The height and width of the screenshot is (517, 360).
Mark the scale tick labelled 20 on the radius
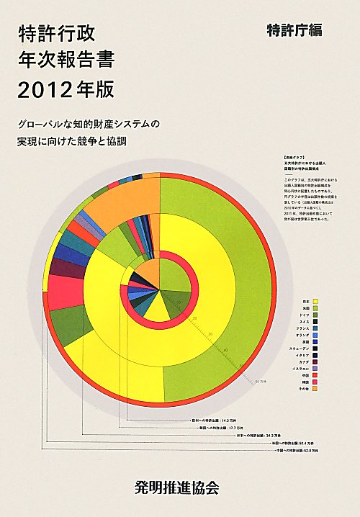pos(194,317)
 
